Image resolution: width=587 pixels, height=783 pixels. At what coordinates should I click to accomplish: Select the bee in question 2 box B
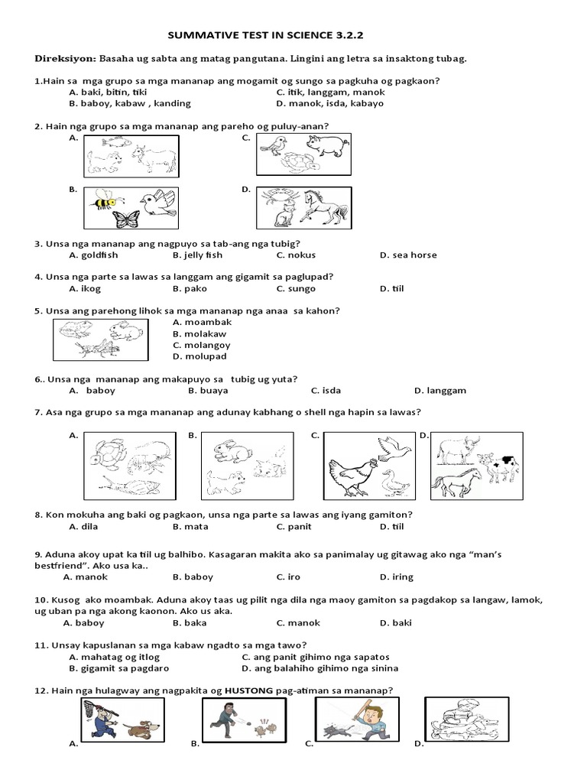pyautogui.click(x=102, y=203)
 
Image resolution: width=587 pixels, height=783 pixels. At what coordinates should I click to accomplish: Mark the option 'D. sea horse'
pyautogui.click(x=408, y=255)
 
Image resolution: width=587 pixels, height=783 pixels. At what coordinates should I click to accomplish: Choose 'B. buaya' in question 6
pyautogui.click(x=209, y=390)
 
